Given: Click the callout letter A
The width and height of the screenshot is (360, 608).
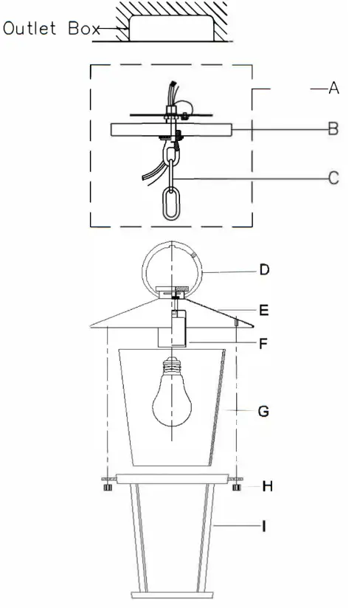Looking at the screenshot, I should pyautogui.click(x=333, y=89).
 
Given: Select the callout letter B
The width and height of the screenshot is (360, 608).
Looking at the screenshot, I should pyautogui.click(x=333, y=129).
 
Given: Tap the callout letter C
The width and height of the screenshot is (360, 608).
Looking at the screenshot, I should pyautogui.click(x=333, y=178).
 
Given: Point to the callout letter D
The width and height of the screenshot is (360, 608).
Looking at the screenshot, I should pyautogui.click(x=264, y=270).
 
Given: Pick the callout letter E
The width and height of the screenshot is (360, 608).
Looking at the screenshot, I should pyautogui.click(x=264, y=311).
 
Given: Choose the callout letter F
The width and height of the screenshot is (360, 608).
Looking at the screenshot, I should pyautogui.click(x=264, y=342).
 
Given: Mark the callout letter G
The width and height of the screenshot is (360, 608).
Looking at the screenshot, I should pyautogui.click(x=264, y=411).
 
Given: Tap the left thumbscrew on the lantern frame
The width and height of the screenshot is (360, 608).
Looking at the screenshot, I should pyautogui.click(x=107, y=486).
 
